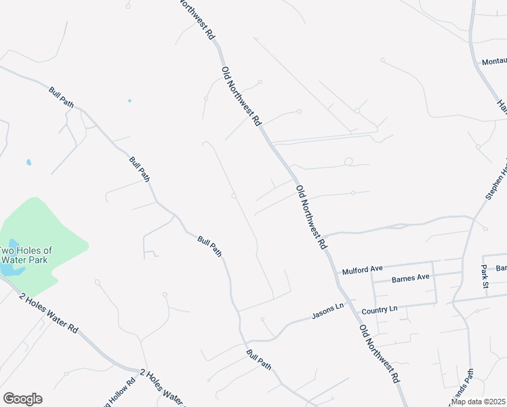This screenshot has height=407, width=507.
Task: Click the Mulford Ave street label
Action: click(x=363, y=269)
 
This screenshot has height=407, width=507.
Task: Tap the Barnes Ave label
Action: click(x=411, y=277)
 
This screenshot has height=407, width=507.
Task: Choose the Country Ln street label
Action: click(x=379, y=309)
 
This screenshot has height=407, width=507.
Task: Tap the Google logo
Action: click(x=22, y=399)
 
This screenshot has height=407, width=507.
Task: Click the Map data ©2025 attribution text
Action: click(x=479, y=402)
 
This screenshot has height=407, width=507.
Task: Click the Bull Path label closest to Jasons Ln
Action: click(x=259, y=360)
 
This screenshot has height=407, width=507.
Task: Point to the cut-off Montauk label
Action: click(x=494, y=62)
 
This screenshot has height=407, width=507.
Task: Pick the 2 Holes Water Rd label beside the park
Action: click(x=49, y=313)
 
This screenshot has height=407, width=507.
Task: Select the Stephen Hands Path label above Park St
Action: click(x=496, y=180)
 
